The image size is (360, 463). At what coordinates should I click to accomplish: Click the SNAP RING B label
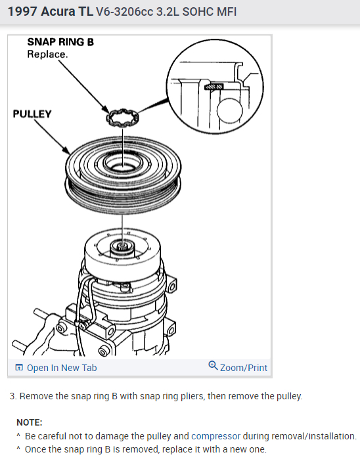pos(60,42)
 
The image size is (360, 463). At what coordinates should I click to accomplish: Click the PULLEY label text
pos(32,114)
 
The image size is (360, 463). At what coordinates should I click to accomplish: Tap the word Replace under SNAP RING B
pos(47,55)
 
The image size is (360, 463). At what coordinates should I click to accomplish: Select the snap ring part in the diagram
pos(122,118)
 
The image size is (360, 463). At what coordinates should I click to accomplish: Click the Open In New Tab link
pos(62,368)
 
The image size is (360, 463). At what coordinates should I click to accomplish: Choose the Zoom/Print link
pos(243,368)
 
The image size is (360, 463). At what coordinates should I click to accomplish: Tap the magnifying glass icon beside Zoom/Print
pos(213,366)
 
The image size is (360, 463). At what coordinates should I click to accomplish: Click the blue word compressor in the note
pos(216,436)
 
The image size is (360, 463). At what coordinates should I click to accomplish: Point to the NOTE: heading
pos(30,422)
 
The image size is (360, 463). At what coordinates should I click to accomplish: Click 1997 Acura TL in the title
pos(50,12)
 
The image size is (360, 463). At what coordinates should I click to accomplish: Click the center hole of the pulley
pos(123,165)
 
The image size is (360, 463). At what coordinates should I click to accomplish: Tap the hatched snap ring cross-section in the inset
pos(214,87)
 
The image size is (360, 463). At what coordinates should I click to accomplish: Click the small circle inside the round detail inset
pos(229,111)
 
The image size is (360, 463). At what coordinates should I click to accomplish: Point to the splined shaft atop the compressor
pos(122,246)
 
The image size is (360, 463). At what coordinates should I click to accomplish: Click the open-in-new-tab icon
pos(19,367)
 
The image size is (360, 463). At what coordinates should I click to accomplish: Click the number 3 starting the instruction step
pos(12,396)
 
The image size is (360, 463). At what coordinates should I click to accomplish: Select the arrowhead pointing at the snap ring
pos(105,108)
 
